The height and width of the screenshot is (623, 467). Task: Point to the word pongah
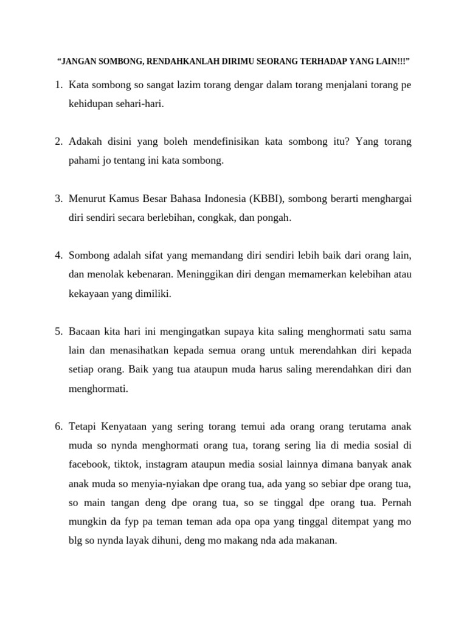click(275, 218)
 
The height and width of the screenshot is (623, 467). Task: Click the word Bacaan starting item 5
click(86, 332)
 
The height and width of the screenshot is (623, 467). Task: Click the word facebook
click(89, 464)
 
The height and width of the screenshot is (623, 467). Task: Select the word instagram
click(168, 464)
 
